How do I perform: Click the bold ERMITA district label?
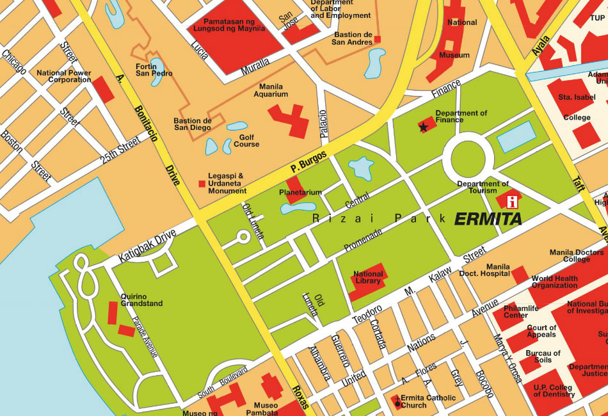click(x=488, y=219)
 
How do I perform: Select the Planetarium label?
click(x=300, y=192)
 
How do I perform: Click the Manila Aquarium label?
click(x=271, y=90)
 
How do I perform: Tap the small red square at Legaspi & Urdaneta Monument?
click(x=202, y=184)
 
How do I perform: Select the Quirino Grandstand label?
click(x=141, y=300)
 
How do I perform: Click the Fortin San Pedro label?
click(x=154, y=69)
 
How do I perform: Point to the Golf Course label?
click(x=246, y=141)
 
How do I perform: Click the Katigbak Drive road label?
click(x=147, y=247)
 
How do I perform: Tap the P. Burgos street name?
click(x=308, y=161)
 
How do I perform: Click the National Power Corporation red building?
click(x=103, y=89)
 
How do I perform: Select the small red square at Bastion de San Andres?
click(x=378, y=40)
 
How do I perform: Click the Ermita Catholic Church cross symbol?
click(x=397, y=402)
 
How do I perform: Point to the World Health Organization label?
click(x=554, y=282)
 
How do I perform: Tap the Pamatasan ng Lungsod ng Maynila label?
click(x=234, y=25)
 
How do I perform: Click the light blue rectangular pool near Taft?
click(x=516, y=136)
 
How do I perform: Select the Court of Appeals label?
click(x=541, y=331)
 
